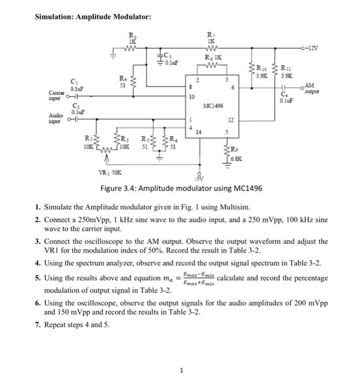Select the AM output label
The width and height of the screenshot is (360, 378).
tap(310, 88)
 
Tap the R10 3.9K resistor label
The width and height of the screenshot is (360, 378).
tap(262, 72)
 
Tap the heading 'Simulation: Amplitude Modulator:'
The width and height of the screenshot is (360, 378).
tap(93, 17)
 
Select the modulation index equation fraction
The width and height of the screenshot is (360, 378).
tap(199, 279)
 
